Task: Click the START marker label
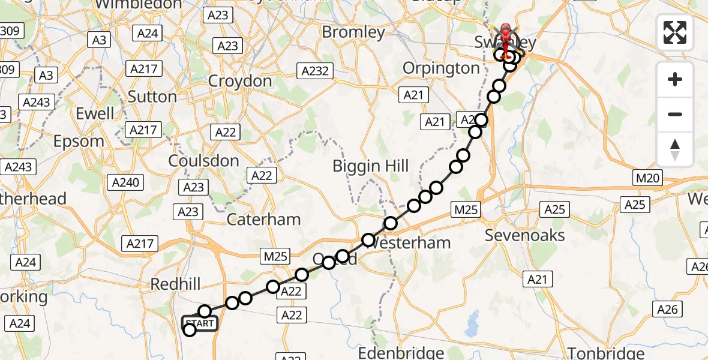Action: pos(200,324)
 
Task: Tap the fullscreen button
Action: pos(675,32)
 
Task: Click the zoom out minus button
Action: pos(675,114)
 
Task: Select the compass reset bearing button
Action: pos(675,149)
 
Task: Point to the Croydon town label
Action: pos(240,81)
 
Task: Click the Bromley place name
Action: pos(353,32)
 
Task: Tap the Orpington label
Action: pos(441,68)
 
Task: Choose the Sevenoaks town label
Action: pos(524,235)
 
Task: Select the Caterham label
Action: pos(264,220)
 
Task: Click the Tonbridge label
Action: pos(607,352)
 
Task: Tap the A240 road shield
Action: pos(126,183)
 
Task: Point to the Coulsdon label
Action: pos(203,161)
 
